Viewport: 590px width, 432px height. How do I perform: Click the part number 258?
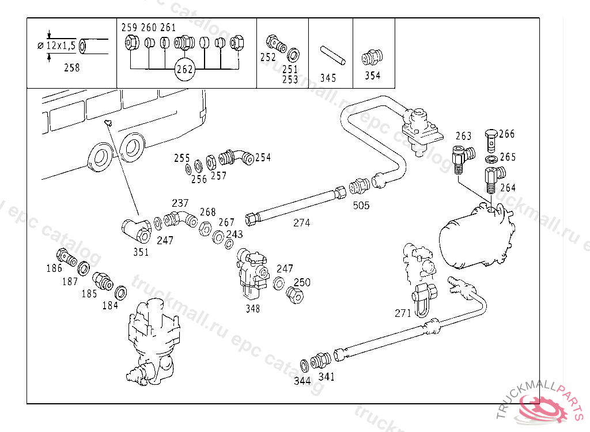(72, 68)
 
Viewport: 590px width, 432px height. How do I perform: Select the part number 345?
(328, 78)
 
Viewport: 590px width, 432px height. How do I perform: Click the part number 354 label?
(372, 75)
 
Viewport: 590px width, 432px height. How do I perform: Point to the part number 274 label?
(301, 223)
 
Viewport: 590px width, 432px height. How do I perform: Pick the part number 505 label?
(361, 206)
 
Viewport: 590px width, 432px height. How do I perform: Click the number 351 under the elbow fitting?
(141, 252)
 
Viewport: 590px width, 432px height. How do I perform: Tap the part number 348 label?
(252, 309)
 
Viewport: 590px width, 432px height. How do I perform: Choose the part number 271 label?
(403, 313)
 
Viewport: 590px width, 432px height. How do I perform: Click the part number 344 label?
(302, 381)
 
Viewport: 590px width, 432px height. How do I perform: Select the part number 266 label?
(507, 134)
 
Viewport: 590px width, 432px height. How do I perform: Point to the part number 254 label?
(263, 157)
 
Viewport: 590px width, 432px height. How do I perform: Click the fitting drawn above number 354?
(372, 57)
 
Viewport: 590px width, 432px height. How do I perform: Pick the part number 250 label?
(302, 282)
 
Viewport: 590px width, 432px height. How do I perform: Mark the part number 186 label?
(55, 268)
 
